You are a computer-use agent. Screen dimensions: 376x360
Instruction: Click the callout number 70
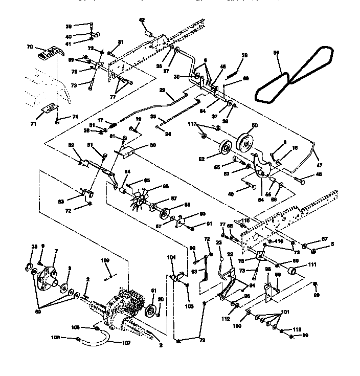click(x=29, y=47)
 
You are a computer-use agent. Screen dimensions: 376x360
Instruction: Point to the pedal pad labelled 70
click(x=50, y=53)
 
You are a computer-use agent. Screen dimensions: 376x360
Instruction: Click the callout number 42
click(x=142, y=20)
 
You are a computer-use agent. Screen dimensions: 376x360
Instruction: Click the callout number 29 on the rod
click(x=162, y=90)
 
